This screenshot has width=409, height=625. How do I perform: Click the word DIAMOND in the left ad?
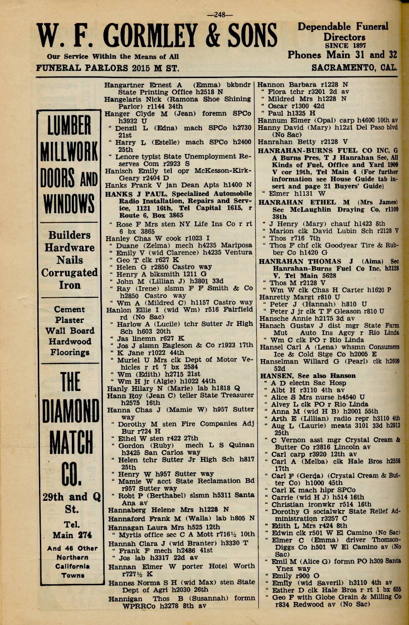coord(71,413)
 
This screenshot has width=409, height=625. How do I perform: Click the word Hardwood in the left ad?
coord(70,341)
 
